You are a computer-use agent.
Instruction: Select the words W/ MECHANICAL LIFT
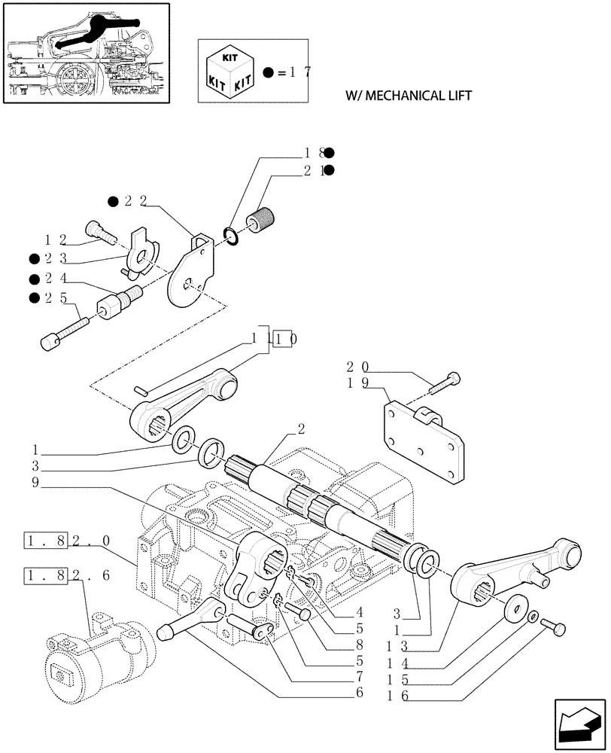[x=408, y=96]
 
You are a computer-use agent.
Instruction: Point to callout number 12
[x=56, y=240]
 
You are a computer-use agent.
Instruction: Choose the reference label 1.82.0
[x=67, y=541]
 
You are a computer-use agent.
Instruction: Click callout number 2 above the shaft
[x=300, y=429]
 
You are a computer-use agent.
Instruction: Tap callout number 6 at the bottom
[x=360, y=692]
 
